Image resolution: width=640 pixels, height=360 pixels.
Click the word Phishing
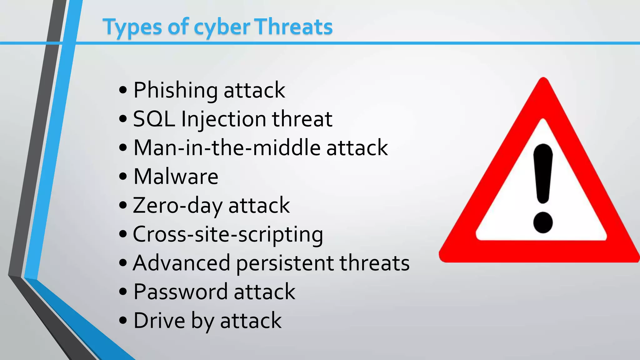coord(175,91)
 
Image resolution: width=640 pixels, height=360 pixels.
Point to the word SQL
coord(154,119)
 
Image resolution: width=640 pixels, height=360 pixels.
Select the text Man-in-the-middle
coord(227,147)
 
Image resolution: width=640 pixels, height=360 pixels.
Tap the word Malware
coord(176,177)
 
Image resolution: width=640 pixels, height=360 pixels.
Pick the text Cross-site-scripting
coord(228,234)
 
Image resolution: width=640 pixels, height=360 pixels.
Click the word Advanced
coord(181,263)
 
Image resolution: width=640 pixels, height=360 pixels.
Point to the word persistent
coord(285,263)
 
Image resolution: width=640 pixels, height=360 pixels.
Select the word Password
coord(180,292)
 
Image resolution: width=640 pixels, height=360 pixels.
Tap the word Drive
coord(159,321)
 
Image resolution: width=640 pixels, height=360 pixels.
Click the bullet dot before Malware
coord(123,176)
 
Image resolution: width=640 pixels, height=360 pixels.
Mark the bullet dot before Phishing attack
coord(123,90)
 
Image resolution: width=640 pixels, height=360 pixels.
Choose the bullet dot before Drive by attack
coord(123,320)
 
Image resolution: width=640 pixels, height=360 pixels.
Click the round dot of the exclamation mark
coord(543,222)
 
